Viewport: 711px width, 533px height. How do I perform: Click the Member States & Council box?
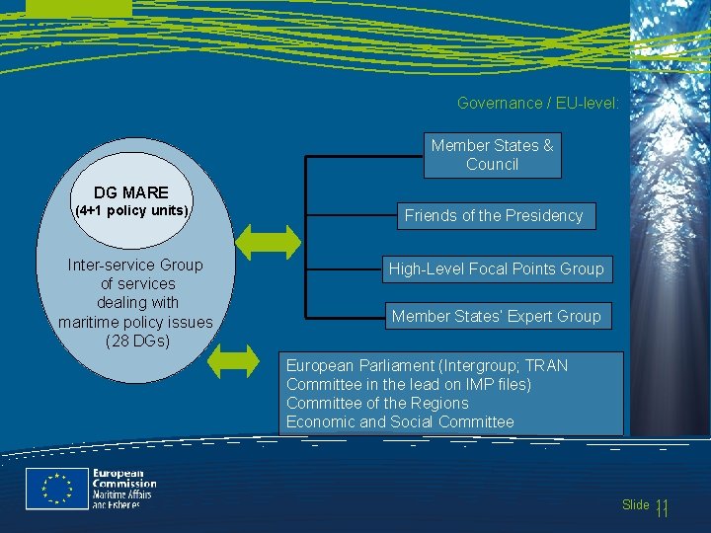[x=492, y=155]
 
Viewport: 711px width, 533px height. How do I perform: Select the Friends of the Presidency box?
[x=494, y=215]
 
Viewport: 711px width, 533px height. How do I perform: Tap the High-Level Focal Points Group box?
[x=496, y=268]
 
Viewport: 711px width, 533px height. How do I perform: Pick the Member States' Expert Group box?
[x=496, y=316]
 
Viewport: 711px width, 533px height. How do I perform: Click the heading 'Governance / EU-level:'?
[x=538, y=103]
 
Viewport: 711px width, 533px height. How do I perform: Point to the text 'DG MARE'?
[x=131, y=192]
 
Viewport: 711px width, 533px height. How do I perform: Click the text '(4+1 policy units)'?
[x=132, y=211]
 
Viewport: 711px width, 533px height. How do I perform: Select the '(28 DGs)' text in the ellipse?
[x=136, y=342]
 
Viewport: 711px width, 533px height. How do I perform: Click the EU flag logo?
[x=56, y=490]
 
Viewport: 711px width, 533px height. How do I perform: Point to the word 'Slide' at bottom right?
[x=636, y=505]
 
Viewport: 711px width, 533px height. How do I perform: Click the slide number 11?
[x=662, y=507]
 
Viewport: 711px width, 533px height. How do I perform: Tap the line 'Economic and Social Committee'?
[x=400, y=421]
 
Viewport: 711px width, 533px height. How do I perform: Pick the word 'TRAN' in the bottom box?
[x=547, y=365]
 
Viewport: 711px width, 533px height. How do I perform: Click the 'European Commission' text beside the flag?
[x=124, y=478]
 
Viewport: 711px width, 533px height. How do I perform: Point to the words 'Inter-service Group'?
[x=135, y=265]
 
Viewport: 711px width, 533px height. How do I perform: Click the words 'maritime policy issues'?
[x=135, y=322]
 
